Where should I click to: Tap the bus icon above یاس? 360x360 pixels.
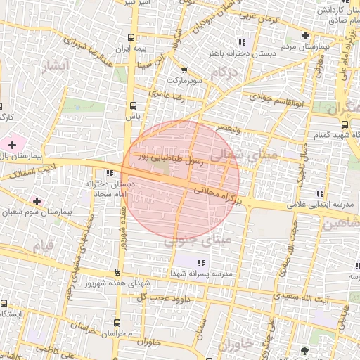click(x=131, y=106)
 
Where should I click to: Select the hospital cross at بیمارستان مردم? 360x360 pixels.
click(x=304, y=36)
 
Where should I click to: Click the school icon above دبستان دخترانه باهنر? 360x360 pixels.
click(x=242, y=41)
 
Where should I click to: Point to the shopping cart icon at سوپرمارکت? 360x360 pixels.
click(x=184, y=70)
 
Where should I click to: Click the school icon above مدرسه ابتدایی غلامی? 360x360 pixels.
click(x=321, y=193)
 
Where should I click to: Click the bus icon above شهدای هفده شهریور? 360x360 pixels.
click(x=117, y=273)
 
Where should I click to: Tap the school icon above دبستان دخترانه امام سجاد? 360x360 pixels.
click(x=109, y=174)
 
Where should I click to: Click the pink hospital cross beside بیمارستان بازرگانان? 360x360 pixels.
click(x=12, y=144)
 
